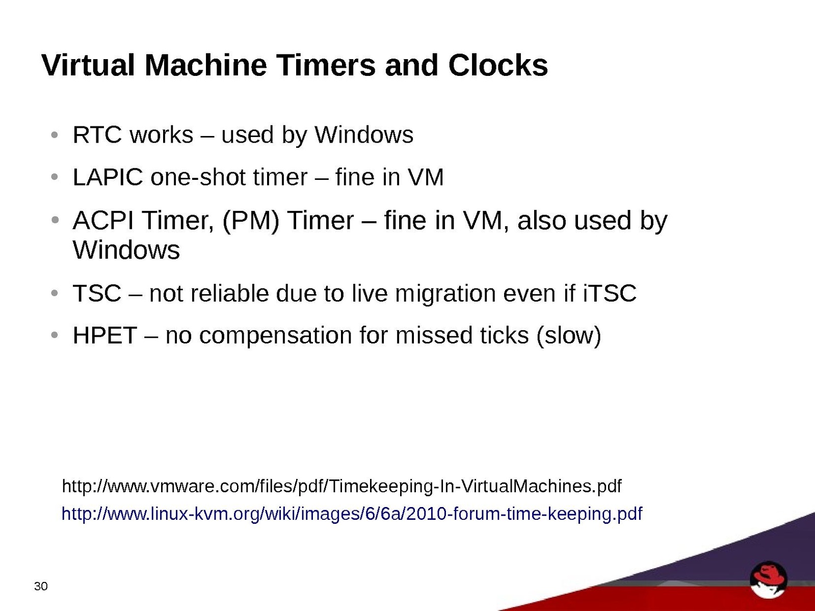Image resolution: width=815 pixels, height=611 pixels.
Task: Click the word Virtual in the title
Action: click(x=88, y=65)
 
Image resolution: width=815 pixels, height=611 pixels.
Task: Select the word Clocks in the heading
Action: click(x=498, y=65)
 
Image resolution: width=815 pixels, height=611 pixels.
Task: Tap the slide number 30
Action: click(x=41, y=587)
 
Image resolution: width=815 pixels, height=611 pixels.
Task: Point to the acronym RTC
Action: click(x=97, y=135)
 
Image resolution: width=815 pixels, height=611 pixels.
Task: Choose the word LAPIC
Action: click(x=108, y=177)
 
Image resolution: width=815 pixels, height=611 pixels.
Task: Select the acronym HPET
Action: click(x=104, y=336)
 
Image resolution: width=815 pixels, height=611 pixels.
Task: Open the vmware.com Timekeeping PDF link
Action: click(x=341, y=486)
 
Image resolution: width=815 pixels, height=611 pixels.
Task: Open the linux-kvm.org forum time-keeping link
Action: click(x=352, y=514)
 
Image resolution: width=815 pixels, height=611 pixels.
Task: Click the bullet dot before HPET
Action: click(x=55, y=335)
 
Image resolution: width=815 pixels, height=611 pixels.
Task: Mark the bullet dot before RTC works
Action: click(x=55, y=135)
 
